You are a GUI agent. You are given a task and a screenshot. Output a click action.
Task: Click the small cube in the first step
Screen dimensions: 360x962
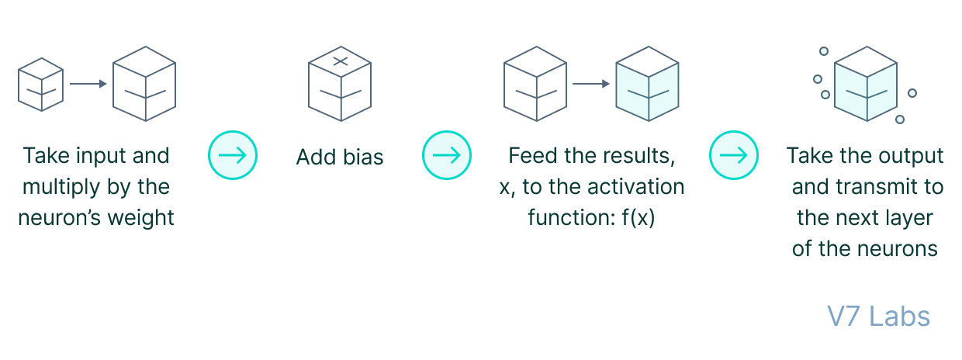click(x=40, y=83)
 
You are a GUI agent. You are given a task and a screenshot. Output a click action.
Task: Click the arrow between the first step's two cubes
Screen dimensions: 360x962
click(x=88, y=83)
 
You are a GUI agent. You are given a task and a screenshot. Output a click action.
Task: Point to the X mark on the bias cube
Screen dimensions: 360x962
click(x=340, y=61)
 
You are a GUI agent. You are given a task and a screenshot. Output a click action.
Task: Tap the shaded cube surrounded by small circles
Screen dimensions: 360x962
click(x=865, y=83)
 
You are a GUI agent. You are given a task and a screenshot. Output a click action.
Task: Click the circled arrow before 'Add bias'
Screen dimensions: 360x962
click(x=232, y=155)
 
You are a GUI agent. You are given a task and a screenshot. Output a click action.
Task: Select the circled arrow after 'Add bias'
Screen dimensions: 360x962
click(x=447, y=155)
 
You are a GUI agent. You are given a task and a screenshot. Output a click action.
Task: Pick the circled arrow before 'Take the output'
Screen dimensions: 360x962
click(x=734, y=155)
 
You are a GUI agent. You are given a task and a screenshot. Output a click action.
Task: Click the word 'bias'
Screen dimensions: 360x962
click(x=362, y=157)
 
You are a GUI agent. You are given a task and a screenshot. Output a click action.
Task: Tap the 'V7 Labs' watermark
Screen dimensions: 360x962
click(x=878, y=317)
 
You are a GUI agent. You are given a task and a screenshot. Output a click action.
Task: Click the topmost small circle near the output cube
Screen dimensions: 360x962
click(x=824, y=51)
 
